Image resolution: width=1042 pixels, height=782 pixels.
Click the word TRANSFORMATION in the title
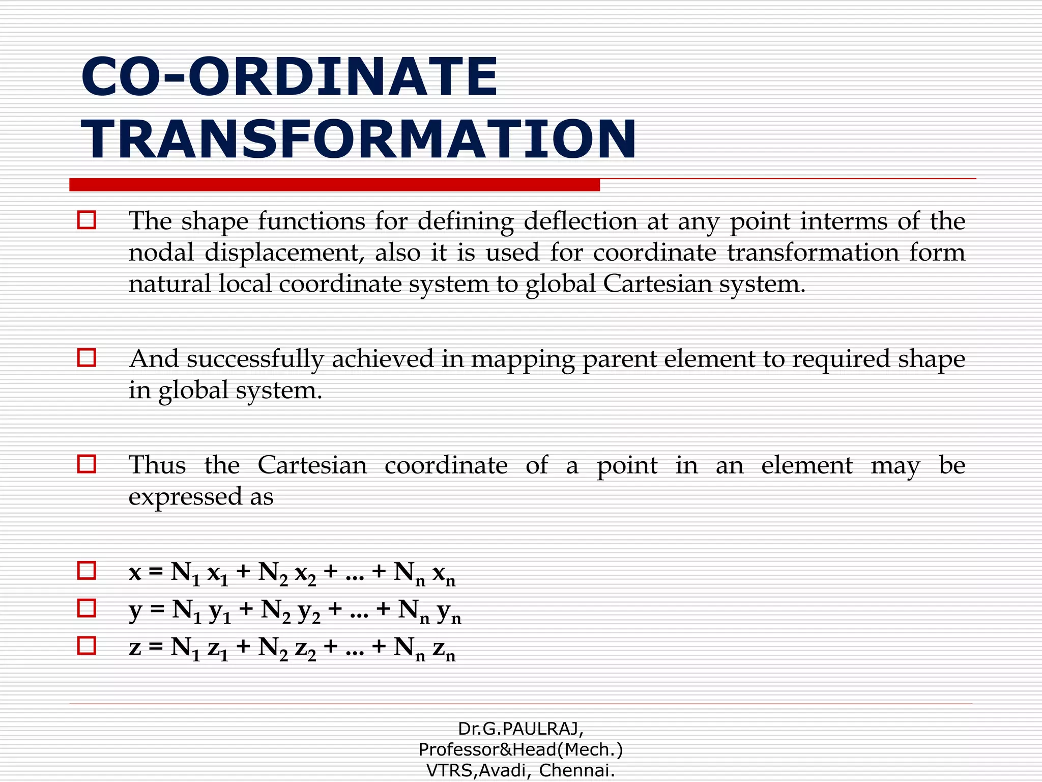click(358, 139)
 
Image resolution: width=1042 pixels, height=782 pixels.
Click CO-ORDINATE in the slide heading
click(289, 77)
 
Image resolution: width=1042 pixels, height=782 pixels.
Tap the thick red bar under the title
click(334, 185)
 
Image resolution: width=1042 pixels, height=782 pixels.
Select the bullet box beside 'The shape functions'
click(86, 220)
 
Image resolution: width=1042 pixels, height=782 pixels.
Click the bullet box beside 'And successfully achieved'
click(86, 357)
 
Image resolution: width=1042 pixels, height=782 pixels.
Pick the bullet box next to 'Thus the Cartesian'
click(86, 464)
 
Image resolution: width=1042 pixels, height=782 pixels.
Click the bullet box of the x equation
click(86, 571)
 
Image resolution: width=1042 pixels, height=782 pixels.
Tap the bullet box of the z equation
click(86, 646)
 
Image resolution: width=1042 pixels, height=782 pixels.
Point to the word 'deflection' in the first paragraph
click(580, 221)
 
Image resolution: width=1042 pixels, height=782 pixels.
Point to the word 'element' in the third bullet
click(806, 465)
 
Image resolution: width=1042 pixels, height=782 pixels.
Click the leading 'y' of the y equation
click(135, 610)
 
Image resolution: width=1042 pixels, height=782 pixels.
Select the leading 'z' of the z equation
click(135, 648)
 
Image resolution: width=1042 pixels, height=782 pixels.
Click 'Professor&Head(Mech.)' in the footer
click(520, 749)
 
